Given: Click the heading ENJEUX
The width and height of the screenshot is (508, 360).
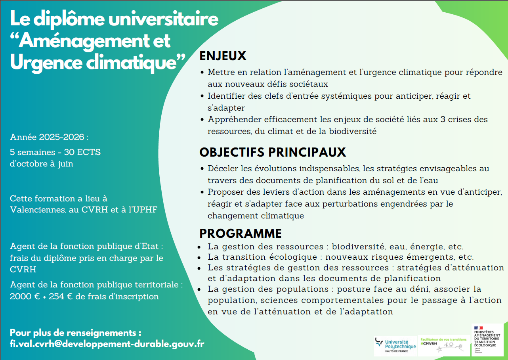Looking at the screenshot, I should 223,56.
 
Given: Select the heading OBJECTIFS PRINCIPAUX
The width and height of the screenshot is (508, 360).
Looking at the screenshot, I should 273,152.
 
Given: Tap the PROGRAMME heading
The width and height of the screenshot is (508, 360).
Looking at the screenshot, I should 241,233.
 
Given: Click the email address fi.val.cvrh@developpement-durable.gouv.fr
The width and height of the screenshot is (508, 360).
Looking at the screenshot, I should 107,344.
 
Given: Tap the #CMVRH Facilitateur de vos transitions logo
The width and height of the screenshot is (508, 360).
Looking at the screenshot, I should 444,345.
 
